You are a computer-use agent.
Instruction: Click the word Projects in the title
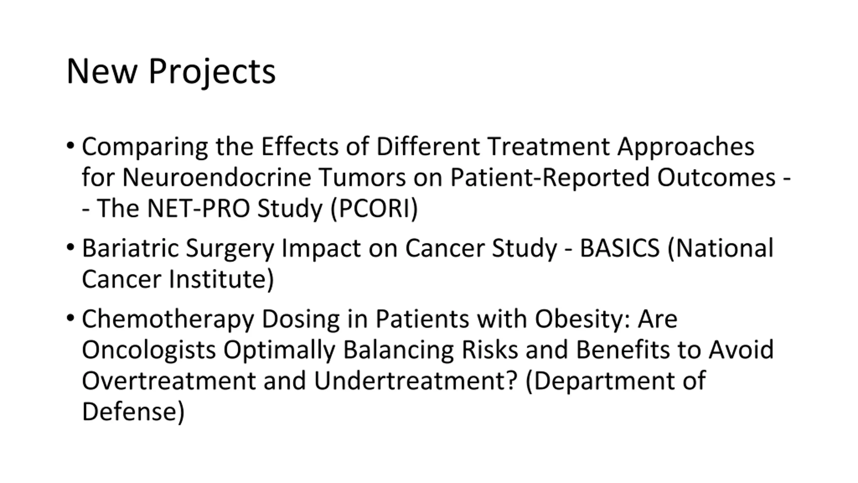point(212,72)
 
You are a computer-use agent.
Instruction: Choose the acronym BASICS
point(620,248)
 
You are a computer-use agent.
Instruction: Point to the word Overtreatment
point(169,380)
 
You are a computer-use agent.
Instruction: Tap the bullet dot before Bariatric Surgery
point(70,248)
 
